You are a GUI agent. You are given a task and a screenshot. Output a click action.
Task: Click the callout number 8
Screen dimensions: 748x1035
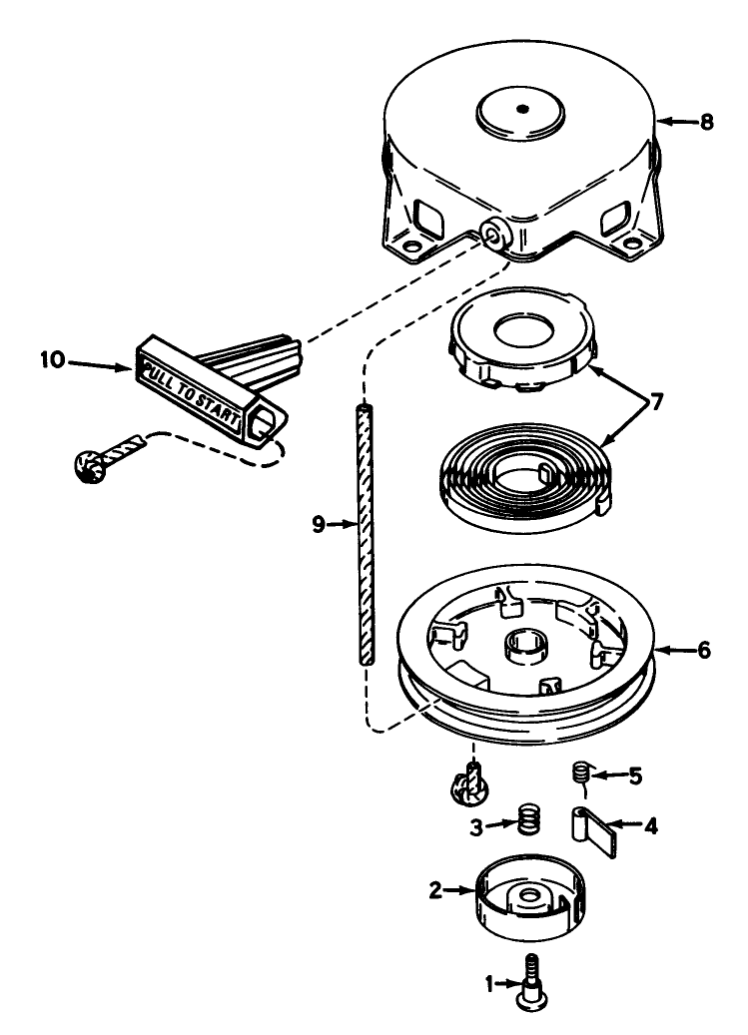pyautogui.click(x=707, y=122)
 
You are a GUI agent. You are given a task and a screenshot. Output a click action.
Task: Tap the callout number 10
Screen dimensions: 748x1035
pyautogui.click(x=53, y=360)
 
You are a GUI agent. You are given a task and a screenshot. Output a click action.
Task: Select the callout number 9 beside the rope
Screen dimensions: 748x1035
pyautogui.click(x=319, y=525)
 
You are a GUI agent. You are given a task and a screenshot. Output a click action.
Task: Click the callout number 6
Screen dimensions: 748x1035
pyautogui.click(x=704, y=650)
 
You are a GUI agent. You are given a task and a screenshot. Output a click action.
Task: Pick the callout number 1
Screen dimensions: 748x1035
pyautogui.click(x=490, y=985)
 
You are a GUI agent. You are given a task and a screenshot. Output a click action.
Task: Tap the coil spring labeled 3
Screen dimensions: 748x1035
pyautogui.click(x=529, y=819)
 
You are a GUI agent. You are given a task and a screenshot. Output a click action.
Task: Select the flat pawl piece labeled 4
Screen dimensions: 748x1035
pyautogui.click(x=594, y=831)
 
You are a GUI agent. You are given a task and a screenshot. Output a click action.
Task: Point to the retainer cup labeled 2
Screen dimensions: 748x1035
pyautogui.click(x=529, y=897)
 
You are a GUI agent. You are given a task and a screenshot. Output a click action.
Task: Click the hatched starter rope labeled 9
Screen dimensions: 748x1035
pyautogui.click(x=364, y=535)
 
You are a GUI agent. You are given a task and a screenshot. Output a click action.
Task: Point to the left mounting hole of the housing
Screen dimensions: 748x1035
pyautogui.click(x=411, y=248)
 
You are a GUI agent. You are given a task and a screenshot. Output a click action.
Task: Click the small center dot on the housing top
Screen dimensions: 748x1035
pyautogui.click(x=522, y=109)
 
